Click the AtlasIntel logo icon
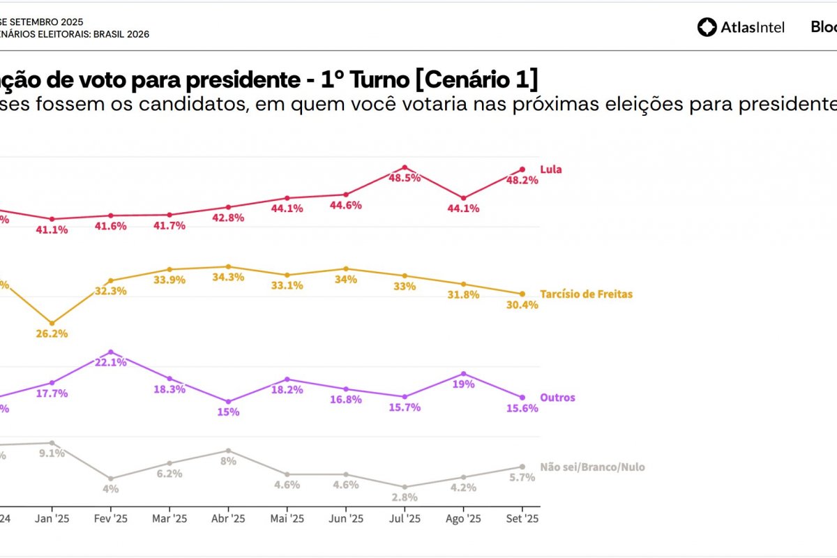coord(707,27)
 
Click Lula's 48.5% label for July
coord(405,178)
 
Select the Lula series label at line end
coord(550,169)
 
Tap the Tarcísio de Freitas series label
coord(586,294)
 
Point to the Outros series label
coord(557,398)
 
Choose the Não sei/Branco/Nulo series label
coord(592,467)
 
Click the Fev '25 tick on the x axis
coord(110,519)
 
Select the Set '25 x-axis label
coord(522,519)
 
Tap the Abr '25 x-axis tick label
coord(228,519)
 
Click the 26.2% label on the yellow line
coord(52,333)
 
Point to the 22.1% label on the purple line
coord(110,362)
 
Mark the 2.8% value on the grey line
coord(405,497)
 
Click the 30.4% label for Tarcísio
coord(522,305)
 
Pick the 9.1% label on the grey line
coord(52,453)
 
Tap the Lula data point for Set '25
coord(522,169)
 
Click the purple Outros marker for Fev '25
coord(110,352)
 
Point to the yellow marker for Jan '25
coord(52,324)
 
